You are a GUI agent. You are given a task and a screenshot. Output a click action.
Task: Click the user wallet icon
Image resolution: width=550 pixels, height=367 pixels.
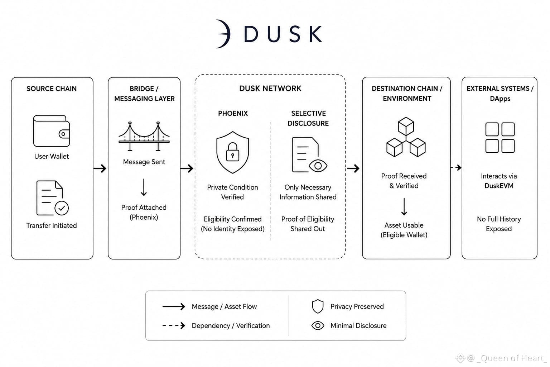coord(51,131)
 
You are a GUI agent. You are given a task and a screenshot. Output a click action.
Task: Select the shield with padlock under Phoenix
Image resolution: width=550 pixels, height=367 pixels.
coord(232,152)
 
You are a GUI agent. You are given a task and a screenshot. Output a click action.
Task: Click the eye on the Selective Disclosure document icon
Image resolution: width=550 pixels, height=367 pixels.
coord(318,166)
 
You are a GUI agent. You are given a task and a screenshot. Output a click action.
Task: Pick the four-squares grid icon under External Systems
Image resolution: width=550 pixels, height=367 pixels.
coord(500,138)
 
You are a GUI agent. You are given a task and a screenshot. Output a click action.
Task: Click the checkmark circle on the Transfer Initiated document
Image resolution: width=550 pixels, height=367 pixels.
coord(62,208)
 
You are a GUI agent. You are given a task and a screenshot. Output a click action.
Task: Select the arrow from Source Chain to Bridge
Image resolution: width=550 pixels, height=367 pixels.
coord(100,168)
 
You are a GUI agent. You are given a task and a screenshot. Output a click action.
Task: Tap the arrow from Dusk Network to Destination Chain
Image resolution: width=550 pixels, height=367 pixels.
coord(353,168)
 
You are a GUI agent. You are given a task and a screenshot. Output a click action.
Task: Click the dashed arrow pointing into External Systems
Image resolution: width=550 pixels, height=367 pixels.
coord(456,168)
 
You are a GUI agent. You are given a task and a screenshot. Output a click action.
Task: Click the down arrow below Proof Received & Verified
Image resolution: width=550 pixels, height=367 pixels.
coord(404,206)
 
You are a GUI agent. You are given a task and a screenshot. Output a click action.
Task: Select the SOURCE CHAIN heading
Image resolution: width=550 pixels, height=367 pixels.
coord(52,89)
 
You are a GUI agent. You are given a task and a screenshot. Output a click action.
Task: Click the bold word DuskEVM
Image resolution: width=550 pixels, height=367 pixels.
coord(499,186)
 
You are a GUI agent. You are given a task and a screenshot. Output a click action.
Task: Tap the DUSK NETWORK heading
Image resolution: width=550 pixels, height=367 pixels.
coord(270,89)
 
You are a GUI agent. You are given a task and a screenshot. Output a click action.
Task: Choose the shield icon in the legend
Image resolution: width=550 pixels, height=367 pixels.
coord(318,306)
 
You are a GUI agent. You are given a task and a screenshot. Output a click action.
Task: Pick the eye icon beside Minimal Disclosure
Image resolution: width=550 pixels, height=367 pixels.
coord(318,326)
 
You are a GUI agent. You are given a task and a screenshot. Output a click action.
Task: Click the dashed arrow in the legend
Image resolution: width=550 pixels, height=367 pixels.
coord(174,326)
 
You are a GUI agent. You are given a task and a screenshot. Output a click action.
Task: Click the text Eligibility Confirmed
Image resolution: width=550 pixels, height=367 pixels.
coord(232,219)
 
